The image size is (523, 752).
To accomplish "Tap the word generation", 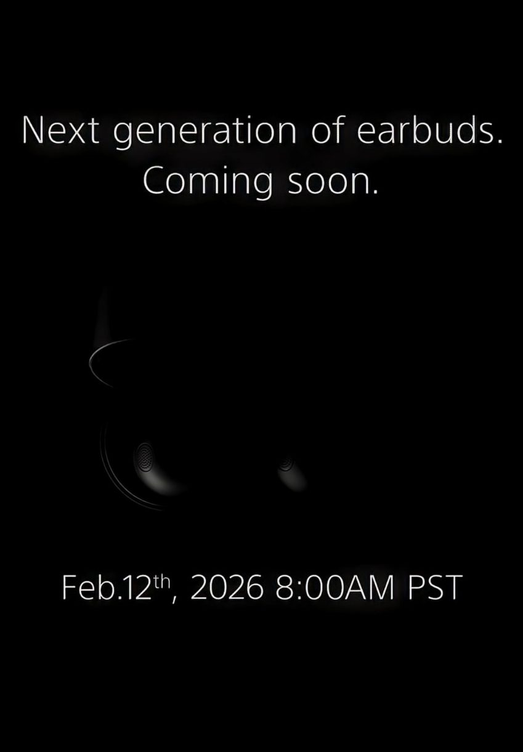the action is tap(205, 134).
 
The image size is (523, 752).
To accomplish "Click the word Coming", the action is tap(207, 184).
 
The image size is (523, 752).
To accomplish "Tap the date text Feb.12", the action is tap(105, 587).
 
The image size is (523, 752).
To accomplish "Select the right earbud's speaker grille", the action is tap(286, 464).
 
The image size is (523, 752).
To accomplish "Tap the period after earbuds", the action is tap(500, 142).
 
